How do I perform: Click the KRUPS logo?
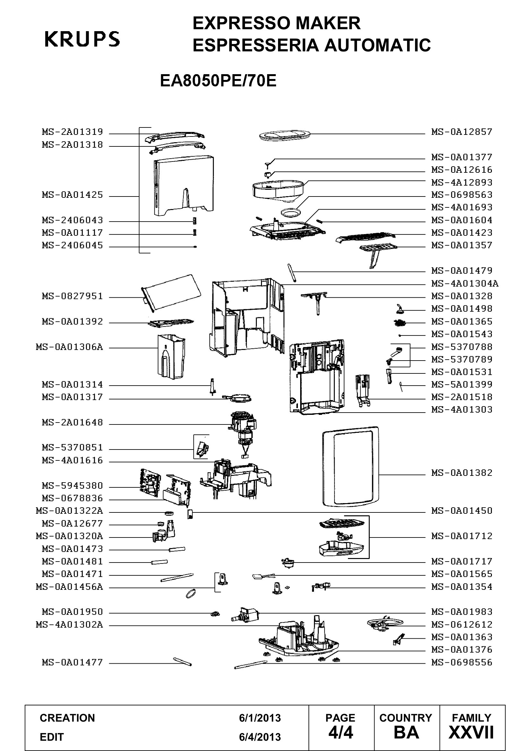click(x=82, y=39)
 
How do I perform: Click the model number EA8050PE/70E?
click(x=218, y=81)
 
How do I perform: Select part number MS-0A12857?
click(x=462, y=132)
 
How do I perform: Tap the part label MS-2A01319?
click(x=72, y=132)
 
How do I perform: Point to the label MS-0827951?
click(x=72, y=296)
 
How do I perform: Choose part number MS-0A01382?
click(x=462, y=473)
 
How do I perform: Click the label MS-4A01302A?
click(x=69, y=625)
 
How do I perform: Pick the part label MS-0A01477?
click(x=72, y=663)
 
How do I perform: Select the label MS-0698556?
click(x=462, y=663)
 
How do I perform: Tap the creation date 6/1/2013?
click(x=260, y=718)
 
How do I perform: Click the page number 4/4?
click(x=341, y=733)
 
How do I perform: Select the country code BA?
click(x=406, y=733)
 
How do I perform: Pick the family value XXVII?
click(x=471, y=733)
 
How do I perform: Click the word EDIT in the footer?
click(x=52, y=737)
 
